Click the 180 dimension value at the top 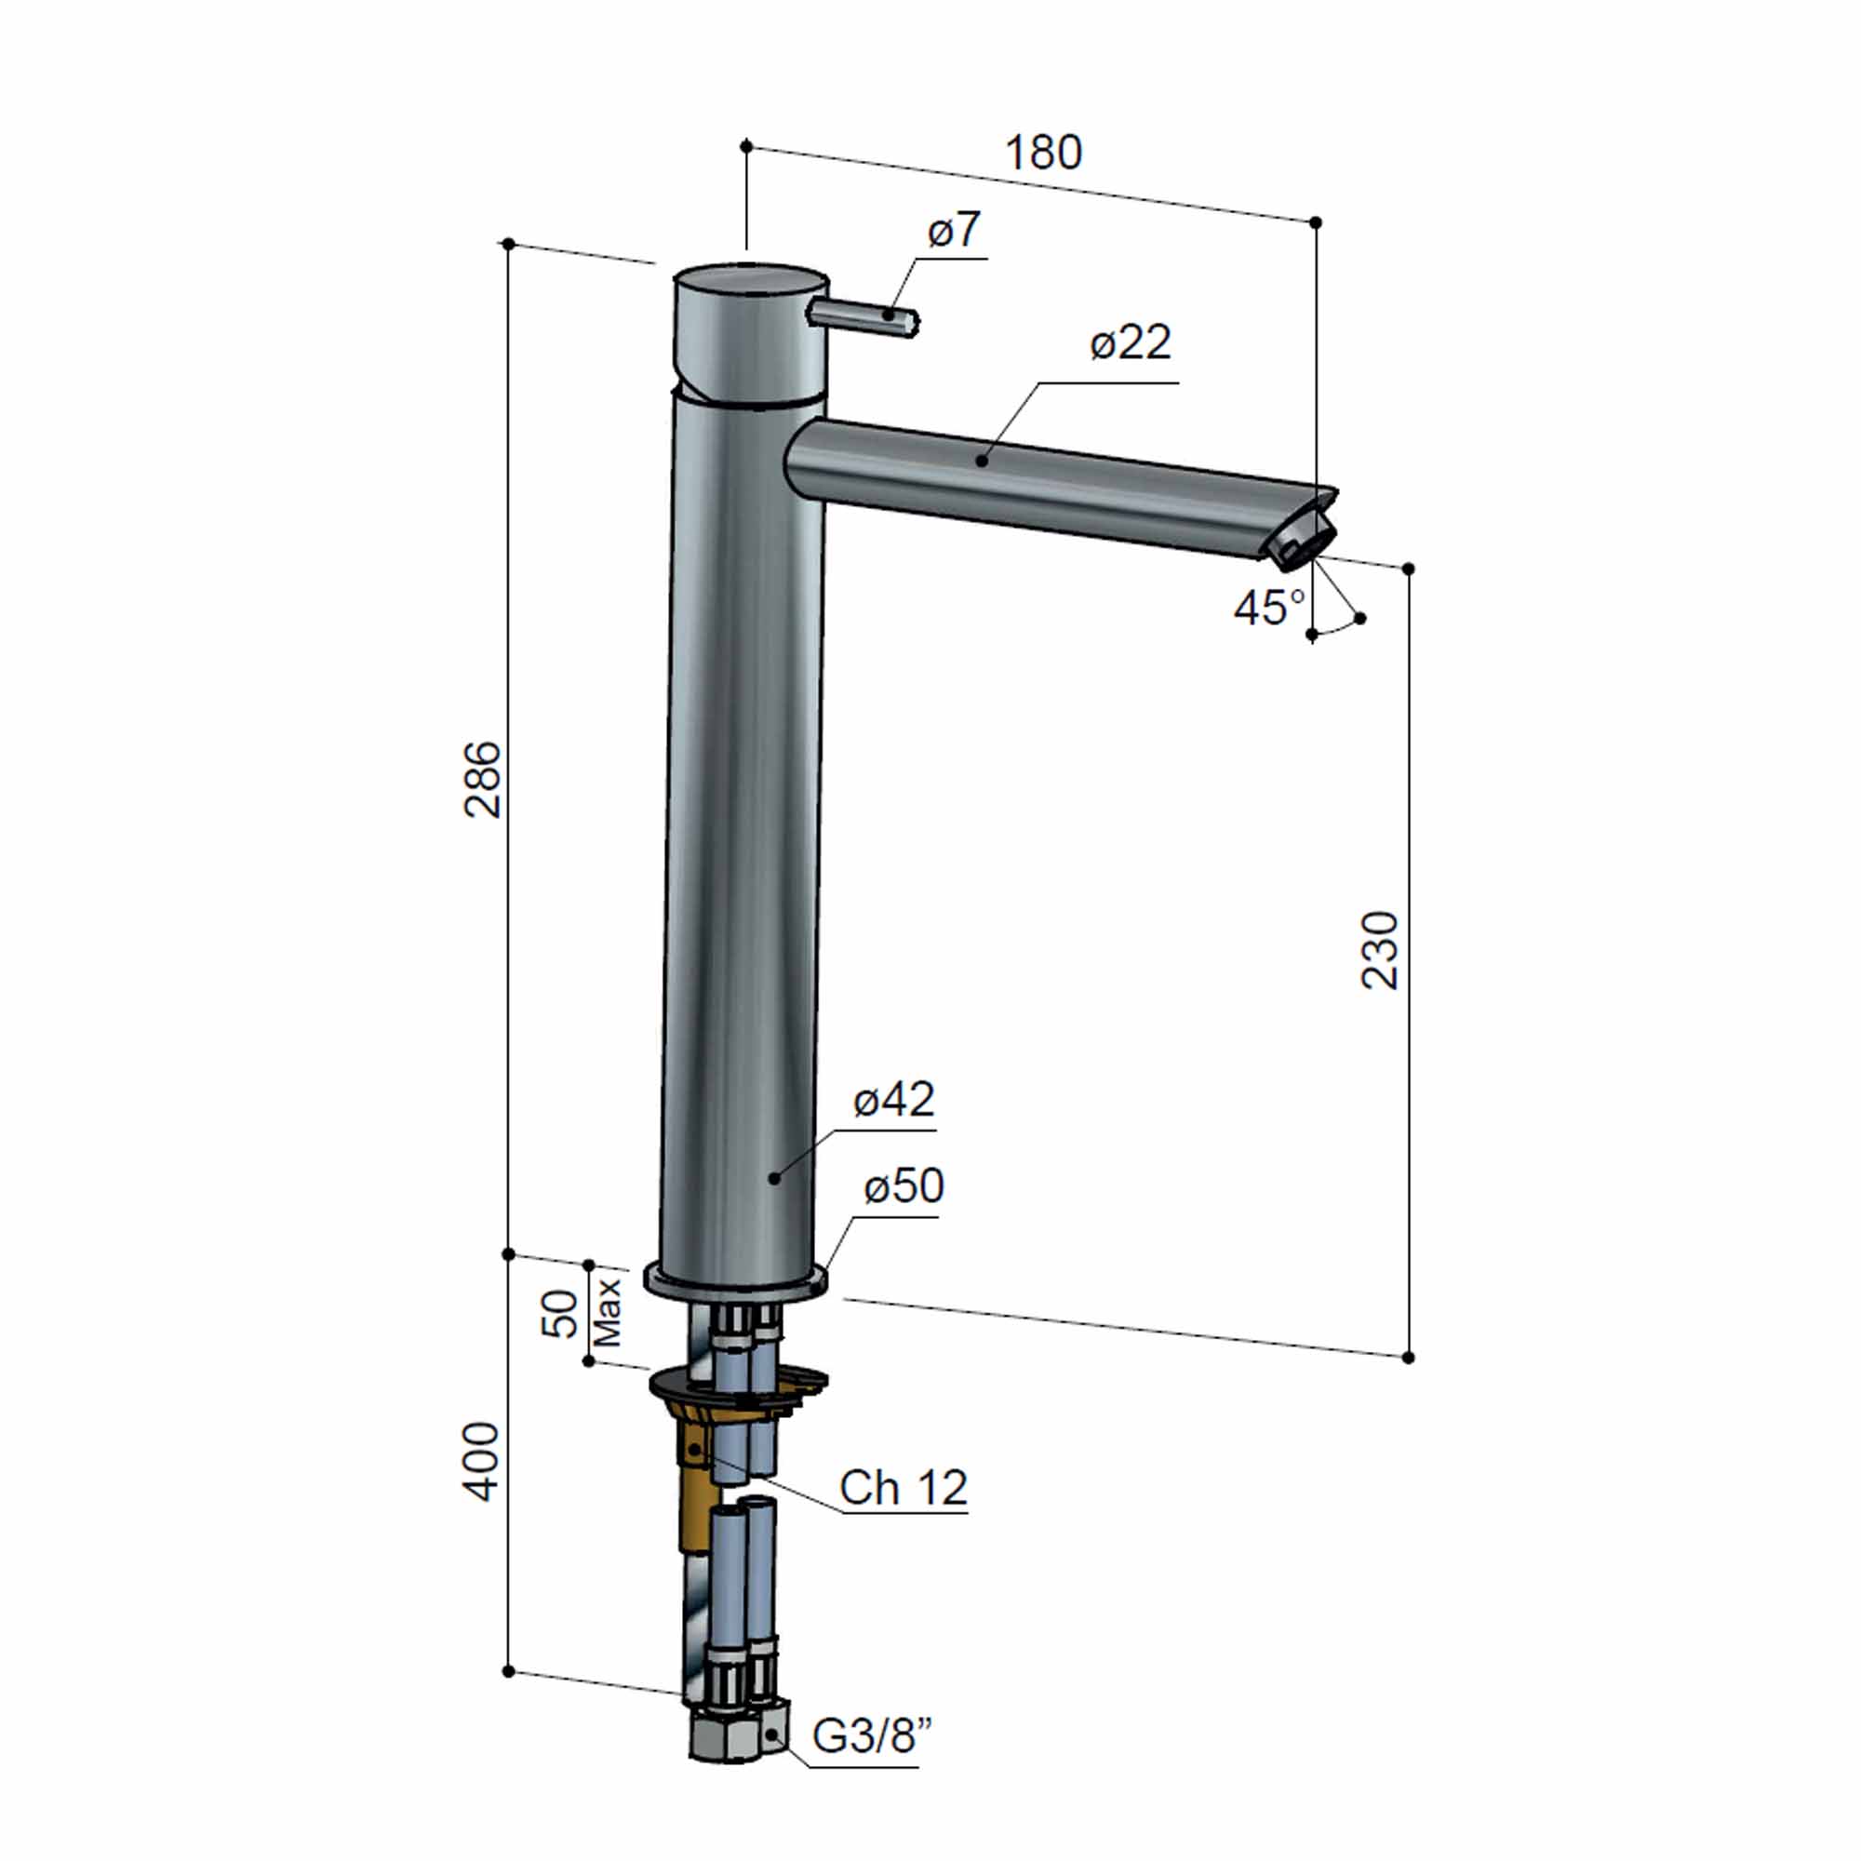click(x=1043, y=154)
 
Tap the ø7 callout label click(x=954, y=230)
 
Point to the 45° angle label click(x=1268, y=608)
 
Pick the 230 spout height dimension click(x=1379, y=949)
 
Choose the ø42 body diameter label click(x=894, y=1100)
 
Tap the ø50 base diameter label click(x=904, y=1186)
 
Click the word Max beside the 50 click(x=608, y=1312)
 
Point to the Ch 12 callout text click(x=903, y=1488)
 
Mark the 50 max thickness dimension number click(x=563, y=1312)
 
